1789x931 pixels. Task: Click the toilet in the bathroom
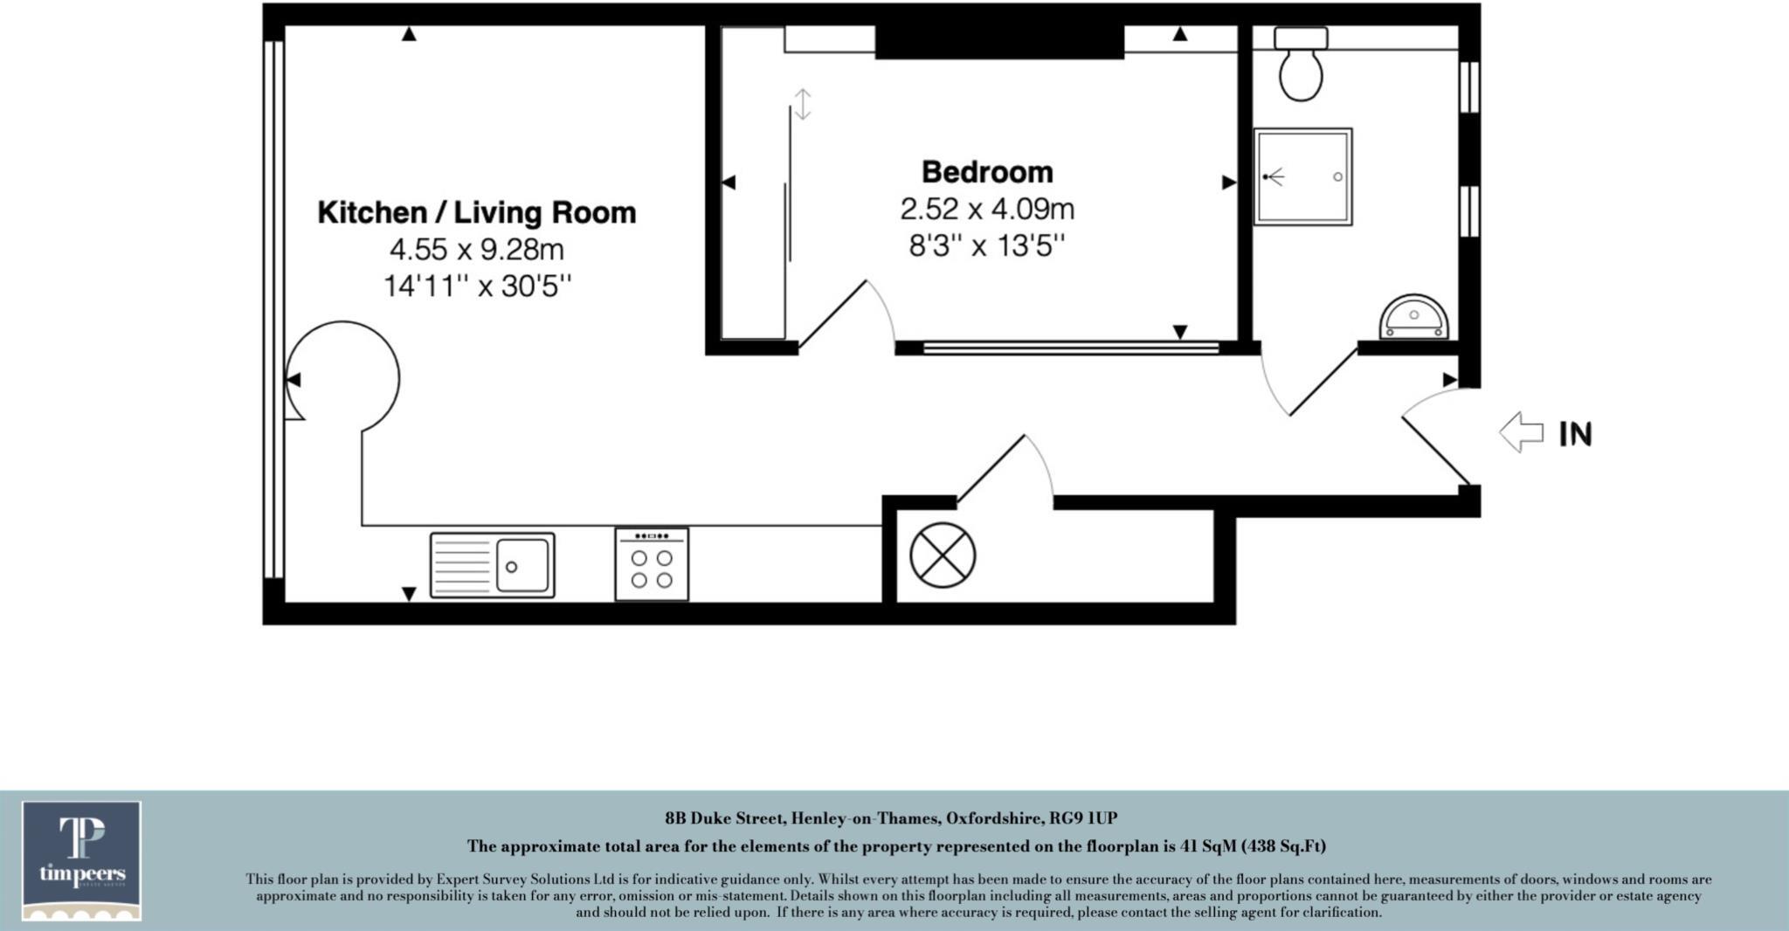point(1301,66)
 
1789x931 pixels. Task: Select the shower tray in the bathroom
point(1302,177)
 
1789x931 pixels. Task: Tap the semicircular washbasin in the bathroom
point(1413,318)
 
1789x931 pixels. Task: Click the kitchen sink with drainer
point(492,565)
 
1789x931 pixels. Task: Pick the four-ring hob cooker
point(652,564)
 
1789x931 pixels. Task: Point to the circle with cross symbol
point(943,555)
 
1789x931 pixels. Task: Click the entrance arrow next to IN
point(1522,432)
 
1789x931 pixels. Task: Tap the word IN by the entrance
point(1576,434)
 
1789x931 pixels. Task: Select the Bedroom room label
point(987,172)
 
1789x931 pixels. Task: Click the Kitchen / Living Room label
point(476,212)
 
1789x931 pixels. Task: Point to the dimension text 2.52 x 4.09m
point(987,210)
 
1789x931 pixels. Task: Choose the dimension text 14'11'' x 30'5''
point(477,286)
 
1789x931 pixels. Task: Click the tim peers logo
point(82,860)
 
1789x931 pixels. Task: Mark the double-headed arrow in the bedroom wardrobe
point(802,104)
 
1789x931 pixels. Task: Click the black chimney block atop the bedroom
point(999,42)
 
